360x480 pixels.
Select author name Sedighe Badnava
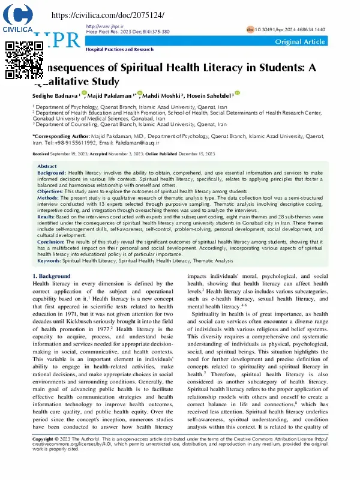55,96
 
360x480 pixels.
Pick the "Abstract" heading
47,166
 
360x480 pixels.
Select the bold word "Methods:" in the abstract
49,197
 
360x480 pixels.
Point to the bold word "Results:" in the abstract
47,216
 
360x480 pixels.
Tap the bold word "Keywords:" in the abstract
50,260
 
